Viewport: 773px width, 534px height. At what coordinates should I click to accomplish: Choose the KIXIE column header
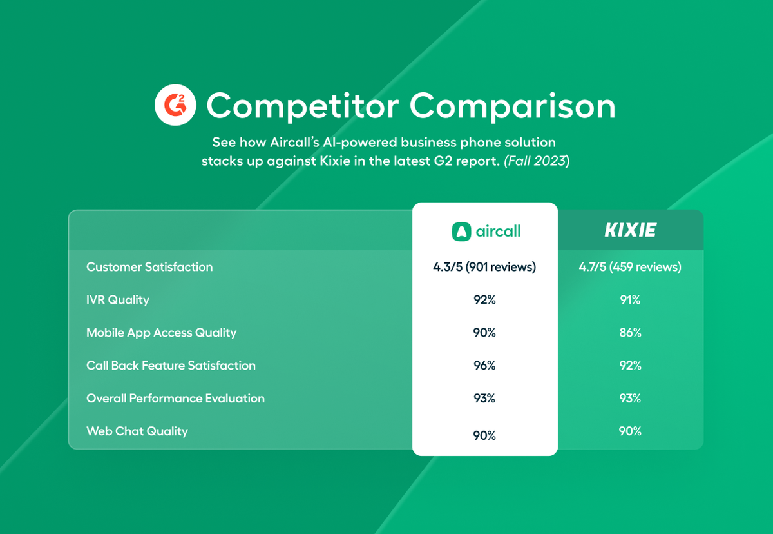coord(630,230)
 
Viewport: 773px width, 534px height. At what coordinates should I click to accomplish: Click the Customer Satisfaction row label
coord(149,267)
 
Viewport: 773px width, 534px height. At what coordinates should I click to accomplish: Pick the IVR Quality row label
coord(118,300)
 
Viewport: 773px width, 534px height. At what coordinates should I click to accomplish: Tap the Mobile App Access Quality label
coord(162,333)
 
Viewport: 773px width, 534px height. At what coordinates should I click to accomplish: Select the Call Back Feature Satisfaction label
coord(171,366)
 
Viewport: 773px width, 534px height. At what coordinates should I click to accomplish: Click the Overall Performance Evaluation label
coord(176,399)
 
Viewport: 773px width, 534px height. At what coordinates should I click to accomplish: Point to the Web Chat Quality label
coord(137,431)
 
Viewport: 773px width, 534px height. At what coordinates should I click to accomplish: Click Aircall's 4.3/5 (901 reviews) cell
coord(484,267)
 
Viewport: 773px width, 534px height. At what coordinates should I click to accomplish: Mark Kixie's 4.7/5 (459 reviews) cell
coord(630,267)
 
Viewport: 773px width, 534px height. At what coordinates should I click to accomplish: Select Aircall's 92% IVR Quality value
coord(484,300)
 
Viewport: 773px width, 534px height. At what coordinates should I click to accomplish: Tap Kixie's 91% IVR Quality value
coord(630,300)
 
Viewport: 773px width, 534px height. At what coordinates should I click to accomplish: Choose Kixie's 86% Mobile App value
coord(630,333)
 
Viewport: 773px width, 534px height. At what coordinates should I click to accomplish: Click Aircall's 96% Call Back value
coord(484,366)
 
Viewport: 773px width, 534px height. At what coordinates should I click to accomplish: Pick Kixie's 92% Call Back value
coord(630,366)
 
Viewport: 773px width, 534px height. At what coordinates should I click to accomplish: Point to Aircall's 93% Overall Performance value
coord(484,399)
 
